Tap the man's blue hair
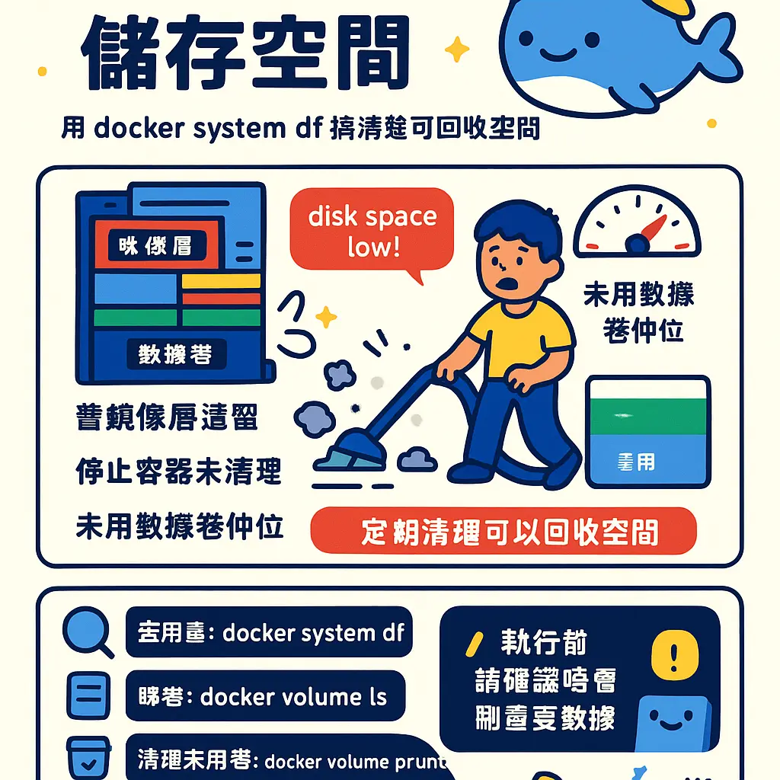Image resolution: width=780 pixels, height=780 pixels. [x=518, y=229]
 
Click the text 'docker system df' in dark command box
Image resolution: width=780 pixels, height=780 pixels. [x=312, y=632]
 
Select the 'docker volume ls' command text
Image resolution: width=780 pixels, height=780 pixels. [x=293, y=696]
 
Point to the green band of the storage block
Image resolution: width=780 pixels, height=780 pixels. [x=647, y=416]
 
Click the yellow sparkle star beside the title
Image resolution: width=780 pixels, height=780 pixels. [x=458, y=50]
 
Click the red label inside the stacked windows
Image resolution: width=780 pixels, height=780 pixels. [x=155, y=245]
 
